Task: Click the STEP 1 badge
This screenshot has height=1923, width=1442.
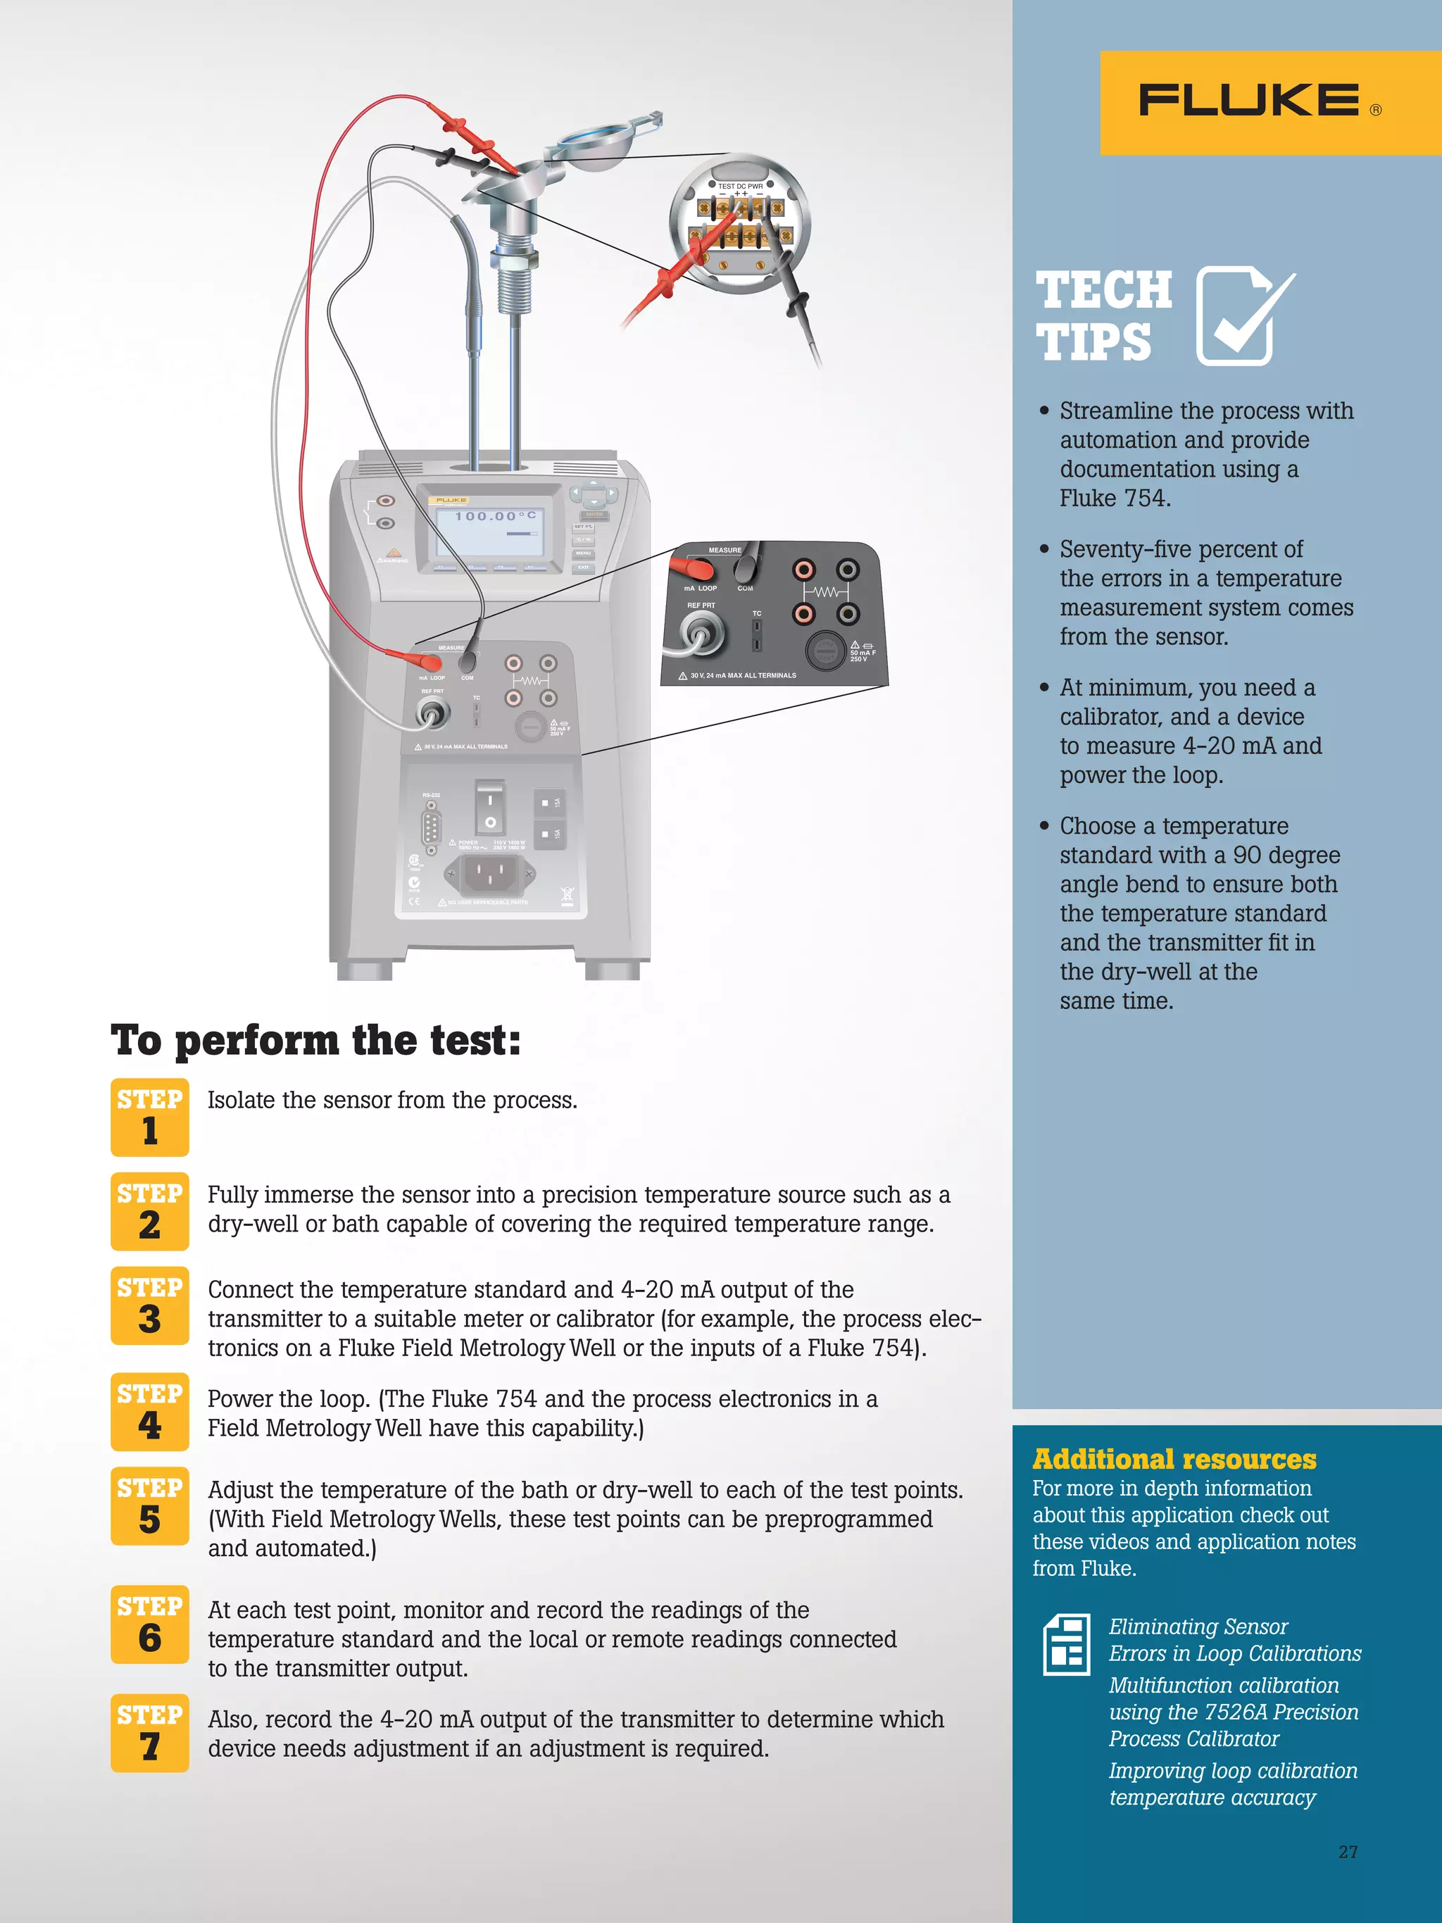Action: pyautogui.click(x=149, y=1116)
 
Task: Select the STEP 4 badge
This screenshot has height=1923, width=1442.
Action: pyautogui.click(x=149, y=1411)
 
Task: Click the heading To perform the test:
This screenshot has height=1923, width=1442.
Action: pyautogui.click(x=315, y=1040)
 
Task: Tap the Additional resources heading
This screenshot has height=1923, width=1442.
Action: pyautogui.click(x=1174, y=1458)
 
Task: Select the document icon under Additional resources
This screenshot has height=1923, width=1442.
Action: pyautogui.click(x=1067, y=1644)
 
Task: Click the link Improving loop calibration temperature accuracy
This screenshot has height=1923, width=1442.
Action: pyautogui.click(x=1231, y=1784)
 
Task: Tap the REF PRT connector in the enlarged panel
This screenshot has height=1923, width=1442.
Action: pyautogui.click(x=702, y=632)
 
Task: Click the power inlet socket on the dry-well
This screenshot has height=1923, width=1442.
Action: pyautogui.click(x=489, y=874)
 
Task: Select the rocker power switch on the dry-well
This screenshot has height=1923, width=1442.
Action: pyautogui.click(x=489, y=808)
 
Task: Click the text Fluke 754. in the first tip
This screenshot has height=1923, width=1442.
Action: pyautogui.click(x=1115, y=498)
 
